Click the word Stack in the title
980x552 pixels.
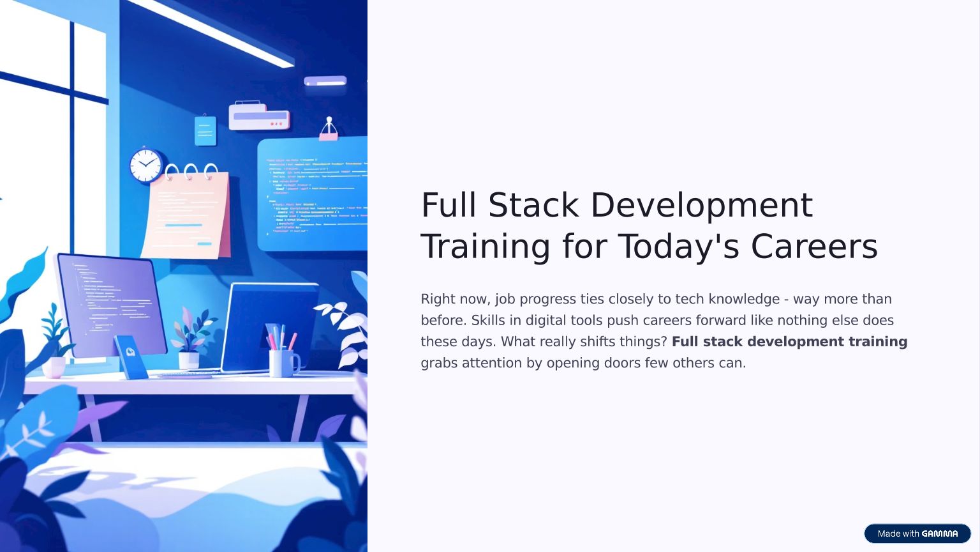click(x=533, y=204)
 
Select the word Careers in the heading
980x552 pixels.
click(x=814, y=246)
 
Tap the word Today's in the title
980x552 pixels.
click(x=678, y=247)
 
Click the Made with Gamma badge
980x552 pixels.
click(x=917, y=533)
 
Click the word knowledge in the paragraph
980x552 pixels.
click(x=744, y=299)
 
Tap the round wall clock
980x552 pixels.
click(x=146, y=165)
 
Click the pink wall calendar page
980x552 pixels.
click(x=186, y=215)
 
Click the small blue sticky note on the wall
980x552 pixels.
click(x=205, y=130)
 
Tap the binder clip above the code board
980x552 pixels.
click(x=329, y=129)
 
